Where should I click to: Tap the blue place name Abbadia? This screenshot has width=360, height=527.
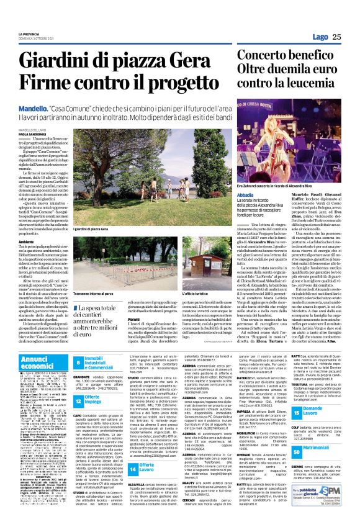[246, 212]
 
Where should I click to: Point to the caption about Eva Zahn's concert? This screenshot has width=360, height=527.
[277, 203]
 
